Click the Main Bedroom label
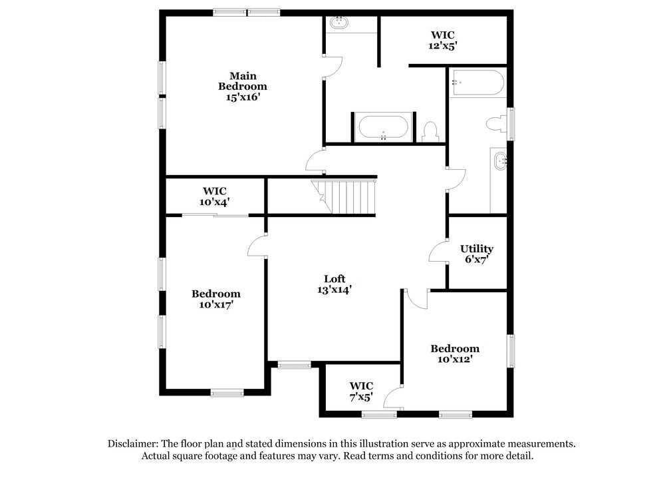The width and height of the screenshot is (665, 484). [x=243, y=81]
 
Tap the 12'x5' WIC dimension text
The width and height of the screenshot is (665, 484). [x=443, y=47]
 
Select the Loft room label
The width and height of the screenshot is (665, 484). [x=334, y=279]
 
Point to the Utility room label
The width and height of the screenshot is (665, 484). [x=477, y=249]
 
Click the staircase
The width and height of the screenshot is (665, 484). [x=348, y=196]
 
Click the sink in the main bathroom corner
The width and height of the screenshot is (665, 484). [x=340, y=22]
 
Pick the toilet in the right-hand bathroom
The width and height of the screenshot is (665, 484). [x=496, y=123]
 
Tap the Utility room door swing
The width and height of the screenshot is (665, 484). [x=438, y=252]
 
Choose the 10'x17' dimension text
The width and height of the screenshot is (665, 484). [x=215, y=304]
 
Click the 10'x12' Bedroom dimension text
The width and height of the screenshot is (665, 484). [x=455, y=360]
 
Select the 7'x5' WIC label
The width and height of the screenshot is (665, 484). [x=361, y=386]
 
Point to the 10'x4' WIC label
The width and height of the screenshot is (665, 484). [x=215, y=191]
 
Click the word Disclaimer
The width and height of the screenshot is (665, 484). [x=132, y=443]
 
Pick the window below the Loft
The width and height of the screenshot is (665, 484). [x=294, y=364]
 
